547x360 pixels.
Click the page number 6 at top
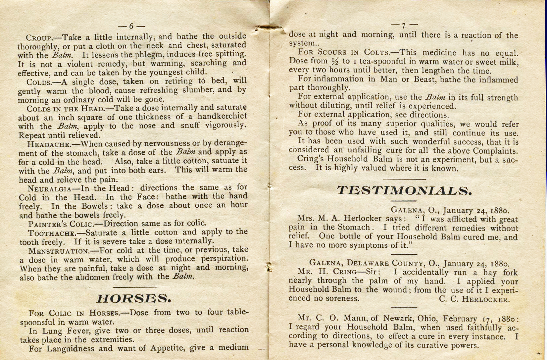pyautogui.click(x=131, y=26)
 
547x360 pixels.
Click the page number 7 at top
pyautogui.click(x=404, y=25)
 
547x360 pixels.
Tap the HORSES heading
pyautogui.click(x=134, y=299)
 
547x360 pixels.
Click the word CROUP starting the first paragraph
pyautogui.click(x=39, y=37)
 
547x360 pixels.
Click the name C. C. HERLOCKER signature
pyautogui.click(x=474, y=299)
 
